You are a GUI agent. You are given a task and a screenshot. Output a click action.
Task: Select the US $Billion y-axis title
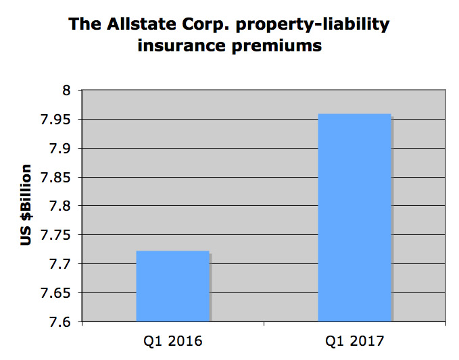[x=27, y=205]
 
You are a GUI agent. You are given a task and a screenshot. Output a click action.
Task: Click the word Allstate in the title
[x=130, y=26]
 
